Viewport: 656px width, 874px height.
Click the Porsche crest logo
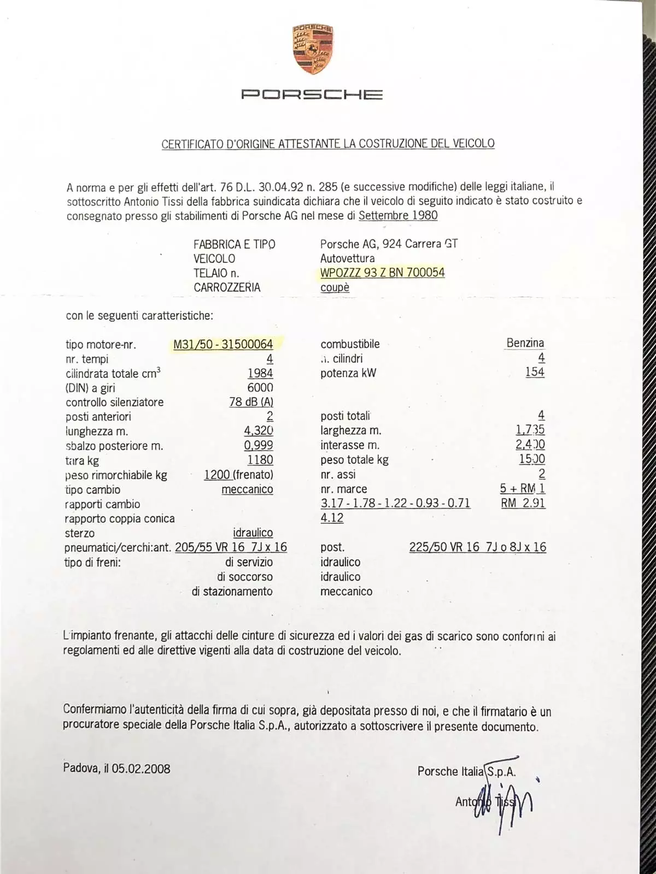click(x=313, y=49)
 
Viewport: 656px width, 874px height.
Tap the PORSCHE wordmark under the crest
click(x=312, y=95)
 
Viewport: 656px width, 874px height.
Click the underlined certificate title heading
click(x=328, y=144)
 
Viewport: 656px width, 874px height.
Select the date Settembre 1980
click(x=398, y=215)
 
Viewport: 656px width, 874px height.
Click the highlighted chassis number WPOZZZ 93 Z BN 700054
click(x=383, y=272)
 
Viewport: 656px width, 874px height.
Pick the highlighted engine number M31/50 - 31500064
click(x=223, y=344)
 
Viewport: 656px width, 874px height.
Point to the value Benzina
click(x=525, y=343)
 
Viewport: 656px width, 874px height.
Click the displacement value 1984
click(x=260, y=373)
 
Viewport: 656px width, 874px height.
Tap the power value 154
click(x=535, y=372)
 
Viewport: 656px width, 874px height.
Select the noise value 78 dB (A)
click(x=251, y=402)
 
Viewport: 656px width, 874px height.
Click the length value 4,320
click(x=259, y=430)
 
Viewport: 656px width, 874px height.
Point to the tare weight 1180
click(x=260, y=460)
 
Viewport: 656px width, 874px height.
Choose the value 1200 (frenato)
click(x=238, y=475)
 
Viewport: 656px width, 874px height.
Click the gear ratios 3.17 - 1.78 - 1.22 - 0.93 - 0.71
click(x=395, y=503)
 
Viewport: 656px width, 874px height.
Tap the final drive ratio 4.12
click(x=332, y=518)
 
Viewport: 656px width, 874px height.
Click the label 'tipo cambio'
click(x=92, y=489)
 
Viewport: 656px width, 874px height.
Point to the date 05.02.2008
click(x=141, y=769)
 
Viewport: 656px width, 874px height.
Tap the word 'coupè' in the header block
click(x=335, y=287)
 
